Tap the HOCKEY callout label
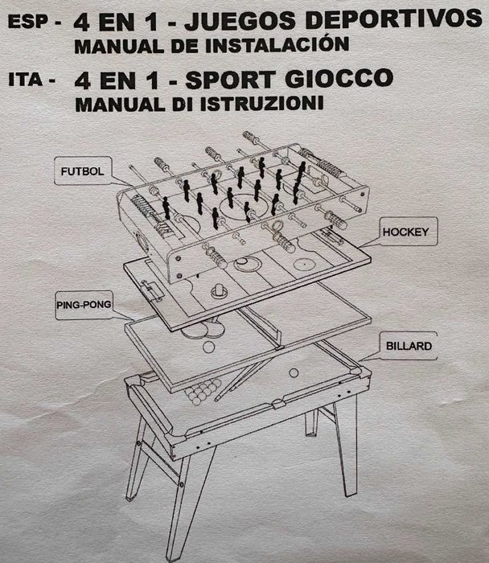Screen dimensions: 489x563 [407, 232]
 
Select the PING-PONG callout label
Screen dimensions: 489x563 [84, 305]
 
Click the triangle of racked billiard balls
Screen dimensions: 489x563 [202, 392]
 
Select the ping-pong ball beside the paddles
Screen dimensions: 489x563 [209, 347]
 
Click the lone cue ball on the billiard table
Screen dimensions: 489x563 [294, 372]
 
